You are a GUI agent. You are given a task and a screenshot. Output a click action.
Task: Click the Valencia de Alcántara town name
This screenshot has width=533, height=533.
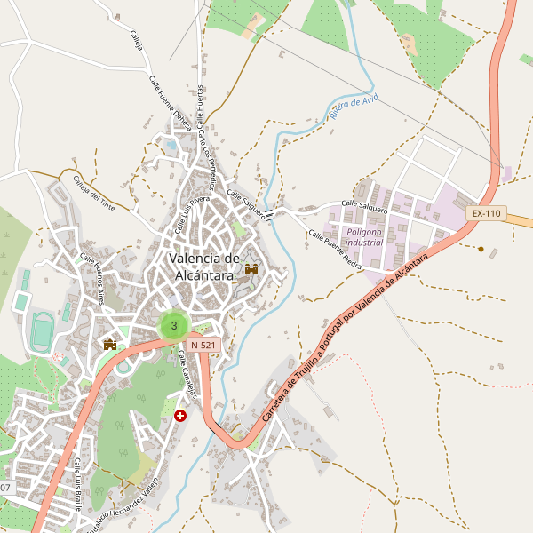(x=204, y=266)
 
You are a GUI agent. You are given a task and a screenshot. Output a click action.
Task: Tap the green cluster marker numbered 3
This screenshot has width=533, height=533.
(x=173, y=325)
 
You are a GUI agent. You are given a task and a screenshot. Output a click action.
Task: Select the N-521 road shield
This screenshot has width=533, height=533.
(x=203, y=344)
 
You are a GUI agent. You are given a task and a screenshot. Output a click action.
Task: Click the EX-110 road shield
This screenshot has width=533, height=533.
(x=486, y=213)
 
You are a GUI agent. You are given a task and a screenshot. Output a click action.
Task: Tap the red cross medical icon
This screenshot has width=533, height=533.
(x=181, y=415)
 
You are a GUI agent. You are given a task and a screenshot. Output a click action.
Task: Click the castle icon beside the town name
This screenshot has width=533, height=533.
(x=251, y=268)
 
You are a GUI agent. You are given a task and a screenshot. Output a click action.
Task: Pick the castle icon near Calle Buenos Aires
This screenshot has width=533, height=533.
(x=111, y=344)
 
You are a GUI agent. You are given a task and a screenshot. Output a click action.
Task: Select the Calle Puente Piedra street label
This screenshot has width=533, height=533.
(x=335, y=250)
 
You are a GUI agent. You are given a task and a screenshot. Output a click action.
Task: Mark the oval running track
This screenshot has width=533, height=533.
(x=40, y=331)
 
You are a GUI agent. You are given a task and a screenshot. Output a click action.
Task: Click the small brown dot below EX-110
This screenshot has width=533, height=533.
(x=481, y=249)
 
